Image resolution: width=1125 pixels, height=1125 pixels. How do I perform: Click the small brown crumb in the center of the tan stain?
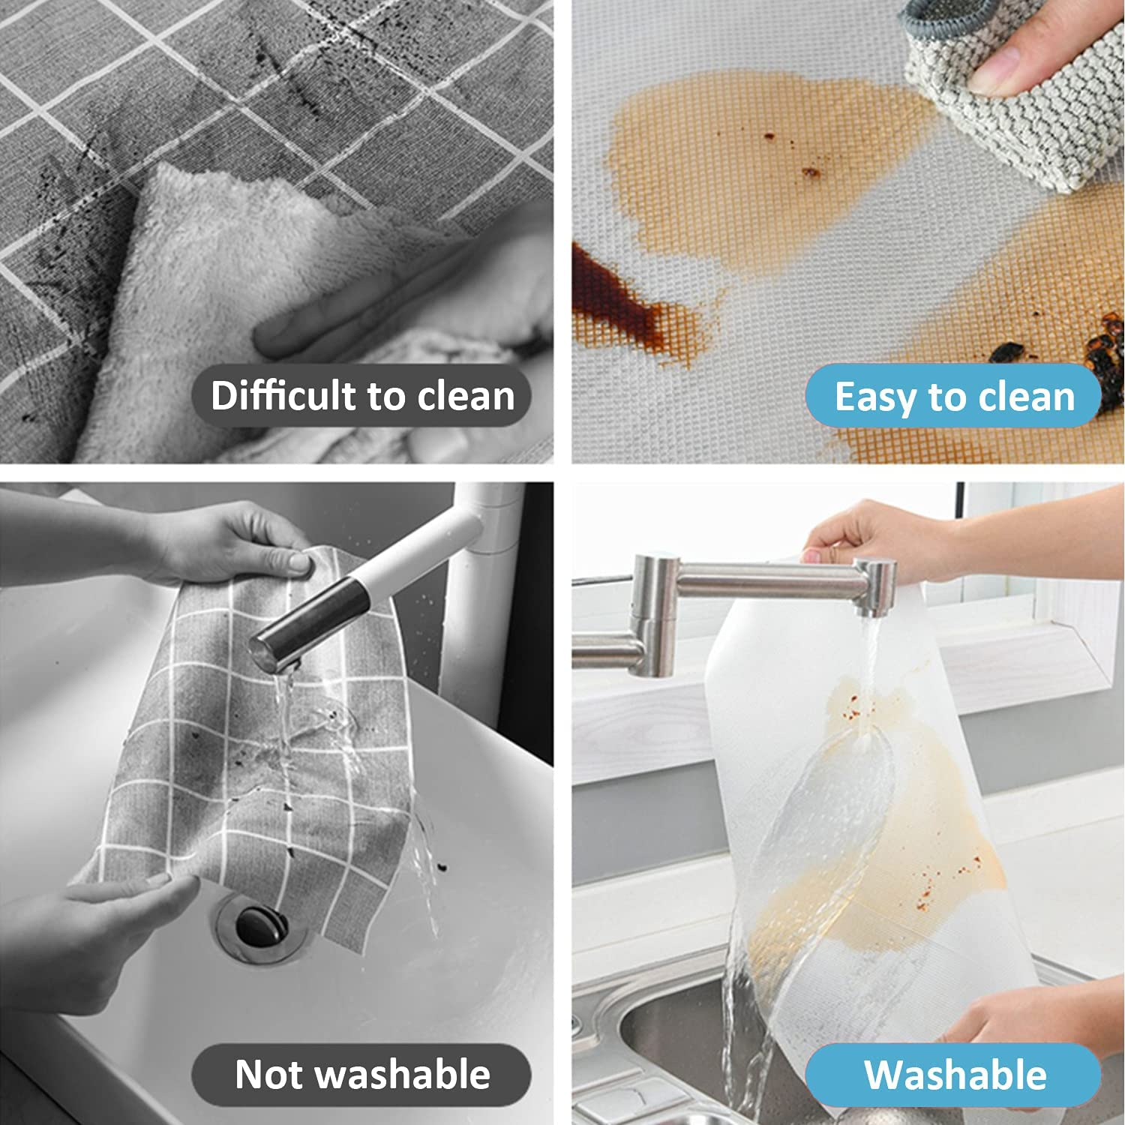(x=810, y=172)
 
